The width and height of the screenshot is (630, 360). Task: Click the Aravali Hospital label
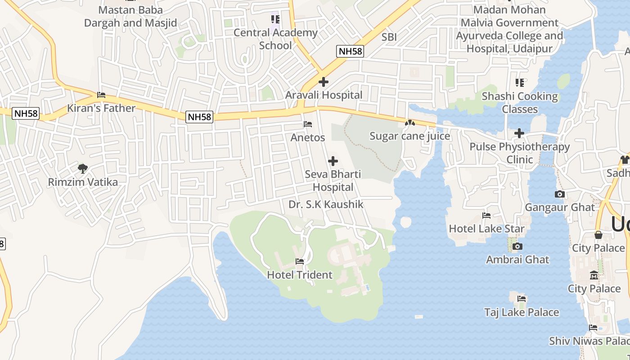[x=324, y=95]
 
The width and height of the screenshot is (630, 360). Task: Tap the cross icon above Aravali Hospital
[x=324, y=82]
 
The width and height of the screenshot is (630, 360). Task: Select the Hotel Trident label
[x=300, y=274]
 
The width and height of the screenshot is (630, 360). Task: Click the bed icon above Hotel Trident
[x=300, y=261]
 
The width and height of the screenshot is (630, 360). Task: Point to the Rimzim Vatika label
[x=83, y=182]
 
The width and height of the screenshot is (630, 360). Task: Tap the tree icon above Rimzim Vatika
[x=82, y=169]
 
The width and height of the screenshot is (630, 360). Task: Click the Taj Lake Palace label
[x=522, y=312]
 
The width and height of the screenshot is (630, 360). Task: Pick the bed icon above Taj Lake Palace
[x=522, y=299]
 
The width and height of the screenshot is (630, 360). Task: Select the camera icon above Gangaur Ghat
[x=560, y=194]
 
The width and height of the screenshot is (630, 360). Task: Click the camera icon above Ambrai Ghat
[x=517, y=246]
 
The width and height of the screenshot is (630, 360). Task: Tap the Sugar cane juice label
[x=409, y=136]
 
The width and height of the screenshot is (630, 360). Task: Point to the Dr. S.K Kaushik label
[x=326, y=204]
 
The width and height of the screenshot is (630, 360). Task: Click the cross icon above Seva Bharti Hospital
[x=333, y=161]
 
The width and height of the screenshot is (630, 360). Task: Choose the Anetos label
[x=308, y=137]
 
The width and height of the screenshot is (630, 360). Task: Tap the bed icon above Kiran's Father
[x=101, y=95]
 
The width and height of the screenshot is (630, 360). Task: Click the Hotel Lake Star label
[x=486, y=229]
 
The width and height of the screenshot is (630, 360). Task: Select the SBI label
[x=389, y=37]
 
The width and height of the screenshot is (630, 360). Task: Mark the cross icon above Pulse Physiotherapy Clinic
[x=519, y=133]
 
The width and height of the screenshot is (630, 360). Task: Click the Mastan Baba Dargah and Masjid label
[x=130, y=16]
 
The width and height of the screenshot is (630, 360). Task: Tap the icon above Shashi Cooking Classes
[x=520, y=83]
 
